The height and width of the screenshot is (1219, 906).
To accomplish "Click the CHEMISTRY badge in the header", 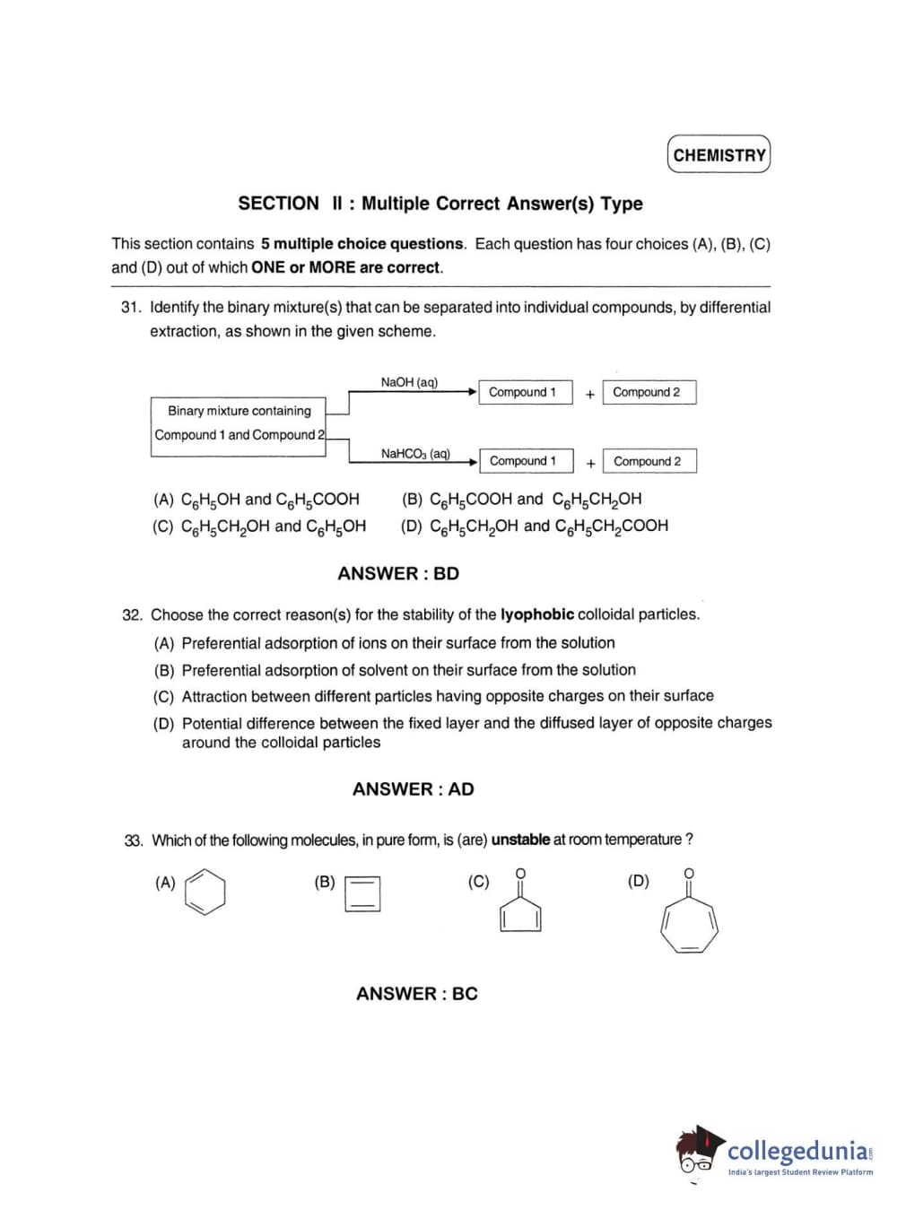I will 719,154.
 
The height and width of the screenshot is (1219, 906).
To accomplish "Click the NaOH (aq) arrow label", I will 409,382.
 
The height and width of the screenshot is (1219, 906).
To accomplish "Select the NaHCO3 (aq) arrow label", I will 415,454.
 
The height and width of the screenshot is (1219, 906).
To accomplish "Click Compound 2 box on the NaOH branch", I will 649,392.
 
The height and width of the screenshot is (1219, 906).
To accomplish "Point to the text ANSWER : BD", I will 398,573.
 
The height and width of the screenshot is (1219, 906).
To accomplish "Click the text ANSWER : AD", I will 413,789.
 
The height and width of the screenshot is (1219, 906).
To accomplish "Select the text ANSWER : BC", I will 416,994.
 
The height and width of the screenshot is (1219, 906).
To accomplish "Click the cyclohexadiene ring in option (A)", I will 205,892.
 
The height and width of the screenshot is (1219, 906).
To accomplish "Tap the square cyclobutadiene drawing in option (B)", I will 362,893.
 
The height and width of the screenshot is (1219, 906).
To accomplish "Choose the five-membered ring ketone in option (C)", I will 520,910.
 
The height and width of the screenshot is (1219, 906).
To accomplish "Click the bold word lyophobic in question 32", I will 536,614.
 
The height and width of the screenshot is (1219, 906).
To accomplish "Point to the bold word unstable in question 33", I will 520,840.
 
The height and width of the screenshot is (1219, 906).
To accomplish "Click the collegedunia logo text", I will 797,1151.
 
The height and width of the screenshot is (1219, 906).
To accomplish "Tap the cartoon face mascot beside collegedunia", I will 697,1150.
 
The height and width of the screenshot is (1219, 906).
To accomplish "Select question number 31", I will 131,308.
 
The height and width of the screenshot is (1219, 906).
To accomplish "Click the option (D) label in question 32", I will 163,724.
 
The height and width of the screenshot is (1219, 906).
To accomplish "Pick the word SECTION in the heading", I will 278,204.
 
